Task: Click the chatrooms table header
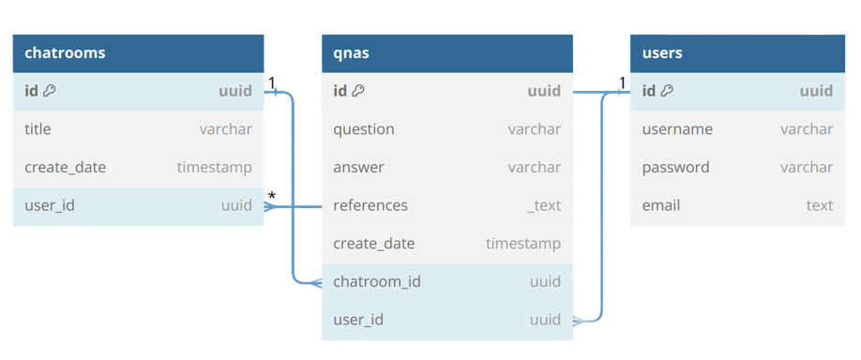65,53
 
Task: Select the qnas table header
351,53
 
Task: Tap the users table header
662,53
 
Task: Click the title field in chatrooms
38,129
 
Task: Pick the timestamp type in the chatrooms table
214,168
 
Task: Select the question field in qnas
364,129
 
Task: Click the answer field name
358,168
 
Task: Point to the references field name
370,205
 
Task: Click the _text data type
543,205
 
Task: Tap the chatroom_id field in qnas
377,282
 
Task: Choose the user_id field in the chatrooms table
50,205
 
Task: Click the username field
677,129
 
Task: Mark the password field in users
675,168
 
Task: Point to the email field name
661,205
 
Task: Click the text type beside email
819,205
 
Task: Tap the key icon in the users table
667,91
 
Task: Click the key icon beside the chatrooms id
50,91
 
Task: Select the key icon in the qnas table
358,91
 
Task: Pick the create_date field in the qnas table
373,244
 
